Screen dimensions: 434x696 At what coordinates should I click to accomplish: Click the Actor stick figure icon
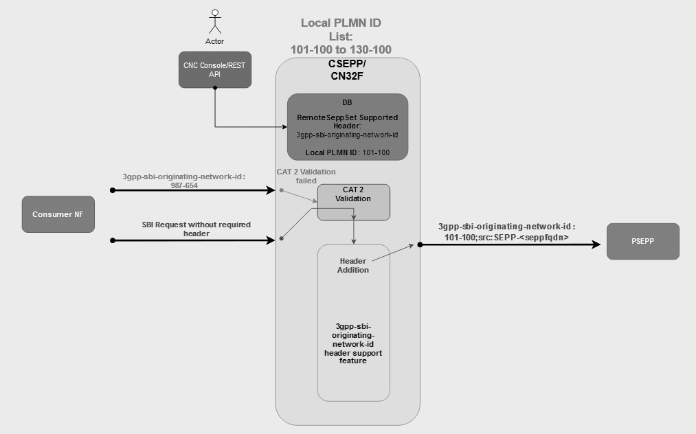(215, 21)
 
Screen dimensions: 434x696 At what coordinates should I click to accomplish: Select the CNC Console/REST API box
(215, 69)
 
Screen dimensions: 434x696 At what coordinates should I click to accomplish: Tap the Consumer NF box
(58, 214)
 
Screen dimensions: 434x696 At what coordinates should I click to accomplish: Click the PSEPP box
(642, 241)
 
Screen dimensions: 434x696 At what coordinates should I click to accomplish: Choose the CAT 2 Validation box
(353, 202)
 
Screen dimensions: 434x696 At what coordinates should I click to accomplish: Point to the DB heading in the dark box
(347, 102)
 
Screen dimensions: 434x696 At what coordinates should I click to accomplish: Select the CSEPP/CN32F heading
(347, 70)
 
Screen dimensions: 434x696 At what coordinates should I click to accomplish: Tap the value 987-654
(185, 185)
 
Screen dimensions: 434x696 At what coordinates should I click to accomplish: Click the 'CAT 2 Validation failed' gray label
(306, 176)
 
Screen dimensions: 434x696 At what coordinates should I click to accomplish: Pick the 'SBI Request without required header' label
(196, 229)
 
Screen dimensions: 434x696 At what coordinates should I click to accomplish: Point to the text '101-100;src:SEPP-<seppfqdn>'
(506, 237)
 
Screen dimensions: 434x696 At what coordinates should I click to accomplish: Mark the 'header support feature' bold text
(353, 356)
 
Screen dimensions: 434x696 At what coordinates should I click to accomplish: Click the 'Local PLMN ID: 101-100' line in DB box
(347, 151)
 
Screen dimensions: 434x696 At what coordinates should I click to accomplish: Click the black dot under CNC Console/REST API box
(215, 88)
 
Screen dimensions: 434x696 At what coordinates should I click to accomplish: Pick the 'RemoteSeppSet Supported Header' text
(347, 122)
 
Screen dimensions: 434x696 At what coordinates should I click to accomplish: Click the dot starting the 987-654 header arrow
(112, 190)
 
